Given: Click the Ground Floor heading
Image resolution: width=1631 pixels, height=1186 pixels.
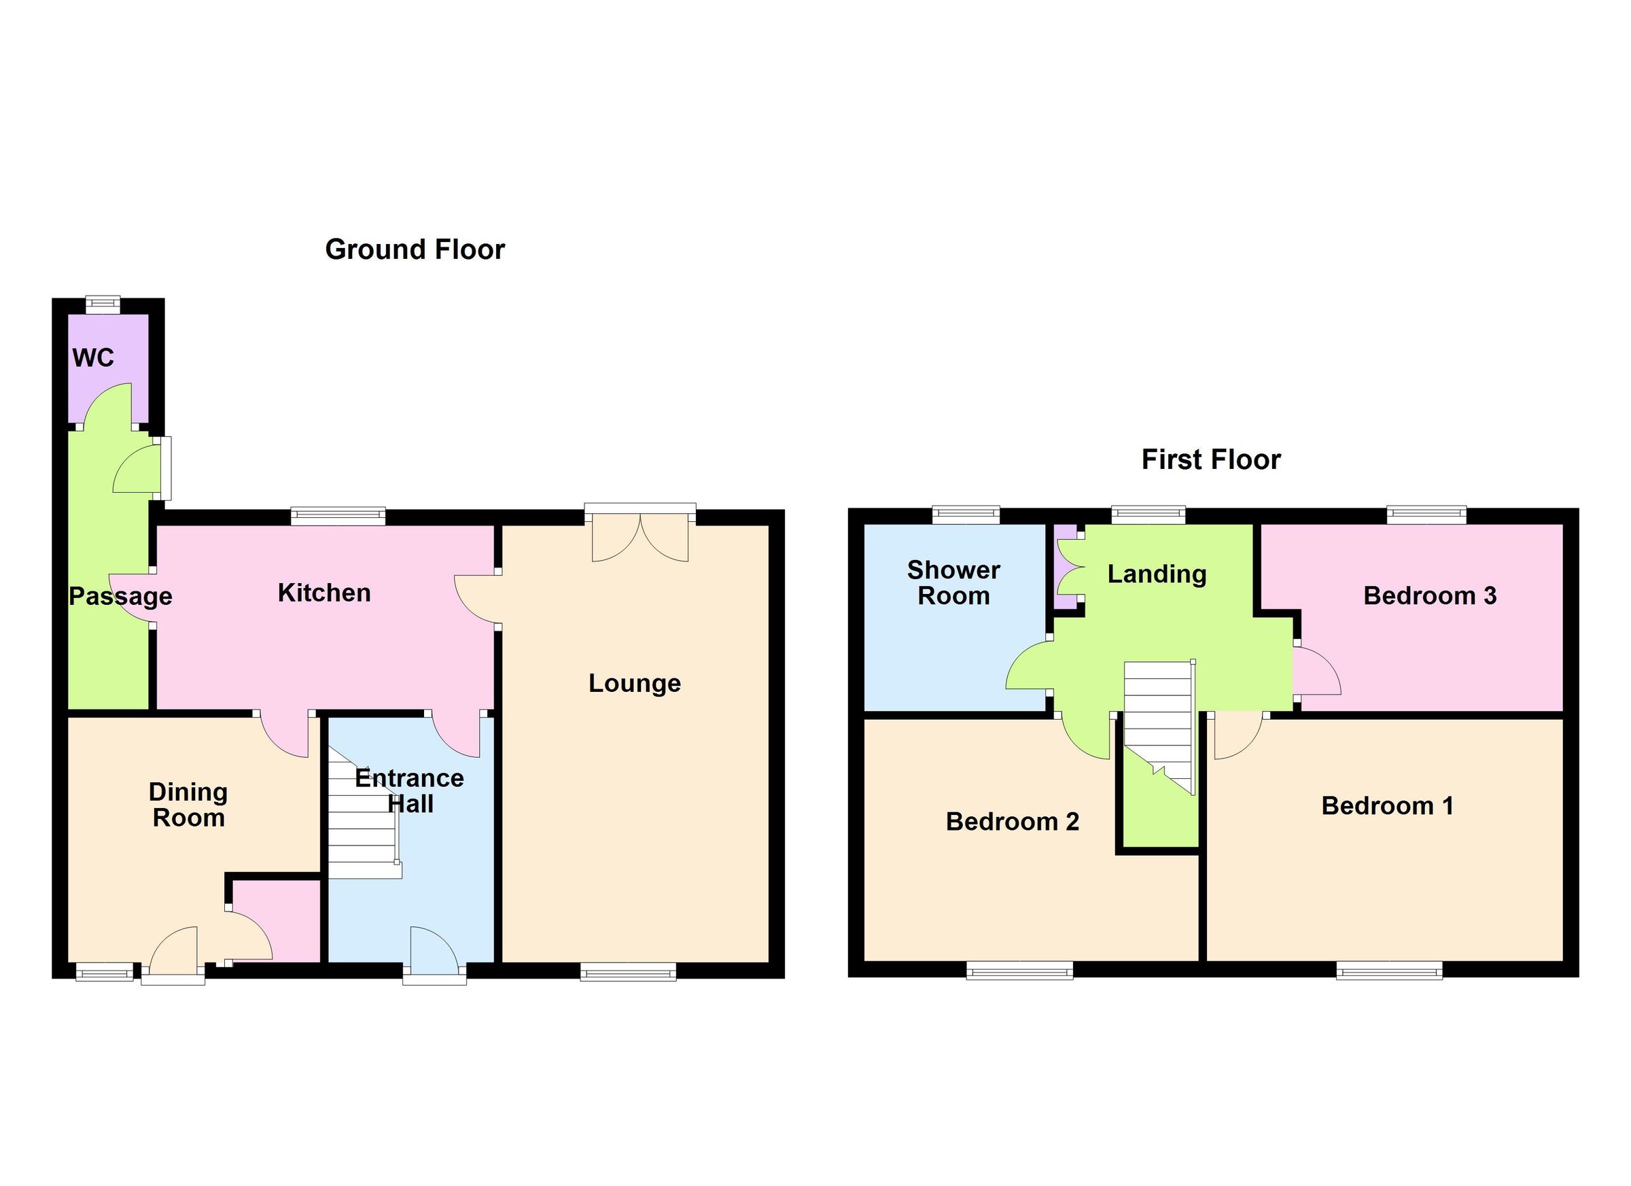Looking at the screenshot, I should (415, 249).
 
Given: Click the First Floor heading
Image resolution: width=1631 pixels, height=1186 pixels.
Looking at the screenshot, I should (1211, 459).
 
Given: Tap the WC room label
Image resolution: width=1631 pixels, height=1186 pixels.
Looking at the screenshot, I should (93, 357).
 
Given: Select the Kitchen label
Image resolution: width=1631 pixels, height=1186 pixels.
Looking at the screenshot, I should (324, 593).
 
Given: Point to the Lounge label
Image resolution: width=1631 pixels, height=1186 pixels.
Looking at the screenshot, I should (634, 682).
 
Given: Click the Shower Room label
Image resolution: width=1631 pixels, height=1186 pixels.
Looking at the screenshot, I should (953, 582).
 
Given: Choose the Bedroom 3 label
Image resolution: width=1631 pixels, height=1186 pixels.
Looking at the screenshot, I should (1430, 595).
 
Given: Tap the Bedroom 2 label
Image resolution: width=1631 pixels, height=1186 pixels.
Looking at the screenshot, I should (1012, 821).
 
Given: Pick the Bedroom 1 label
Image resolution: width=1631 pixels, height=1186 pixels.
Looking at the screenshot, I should (1387, 805).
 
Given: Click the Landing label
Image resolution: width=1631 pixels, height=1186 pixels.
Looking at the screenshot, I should (1157, 574).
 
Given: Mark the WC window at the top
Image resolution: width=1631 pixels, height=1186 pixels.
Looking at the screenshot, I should (103, 304).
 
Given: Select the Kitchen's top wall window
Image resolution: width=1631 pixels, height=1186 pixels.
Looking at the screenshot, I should (338, 516).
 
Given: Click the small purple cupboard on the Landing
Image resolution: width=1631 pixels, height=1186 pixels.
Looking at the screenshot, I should (1066, 568).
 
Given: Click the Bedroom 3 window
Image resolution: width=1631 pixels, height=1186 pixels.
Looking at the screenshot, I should (1426, 514).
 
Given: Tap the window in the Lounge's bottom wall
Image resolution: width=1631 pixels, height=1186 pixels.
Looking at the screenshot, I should (628, 973).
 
